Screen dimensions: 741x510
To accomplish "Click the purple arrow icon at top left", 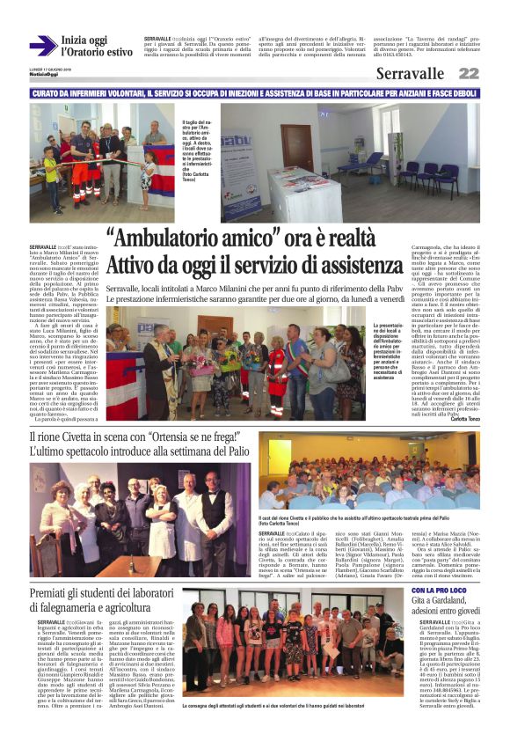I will [x=42, y=46].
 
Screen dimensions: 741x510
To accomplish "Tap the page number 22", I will [x=469, y=74].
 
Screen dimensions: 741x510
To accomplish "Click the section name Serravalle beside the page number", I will [x=411, y=74].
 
